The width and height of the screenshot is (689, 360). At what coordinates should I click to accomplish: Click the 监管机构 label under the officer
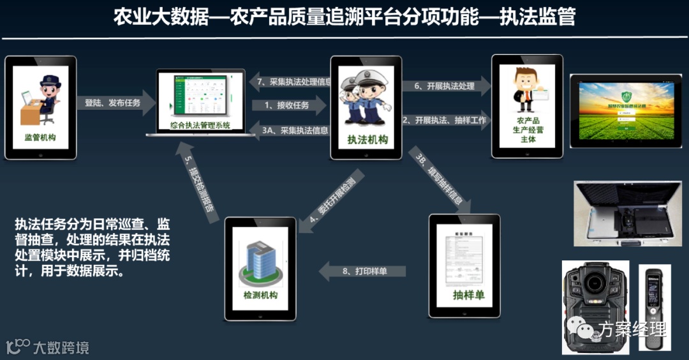click(40, 137)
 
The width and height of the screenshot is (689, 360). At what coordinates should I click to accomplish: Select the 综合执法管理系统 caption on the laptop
click(200, 125)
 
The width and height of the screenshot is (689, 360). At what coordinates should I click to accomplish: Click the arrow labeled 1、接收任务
click(286, 105)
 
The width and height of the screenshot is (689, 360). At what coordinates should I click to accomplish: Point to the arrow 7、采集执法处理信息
click(290, 82)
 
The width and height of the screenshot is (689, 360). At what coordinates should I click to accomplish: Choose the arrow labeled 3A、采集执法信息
click(290, 130)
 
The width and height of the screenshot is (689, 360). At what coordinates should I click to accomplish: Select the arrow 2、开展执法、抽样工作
click(445, 121)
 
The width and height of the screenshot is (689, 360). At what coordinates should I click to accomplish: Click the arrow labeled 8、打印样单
click(364, 271)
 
